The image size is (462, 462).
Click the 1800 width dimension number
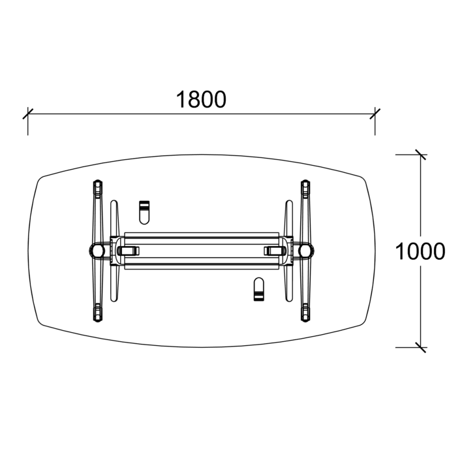201,99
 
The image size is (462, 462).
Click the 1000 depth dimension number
420,251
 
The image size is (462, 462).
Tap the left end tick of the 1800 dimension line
27,115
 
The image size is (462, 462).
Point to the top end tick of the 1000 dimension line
420,155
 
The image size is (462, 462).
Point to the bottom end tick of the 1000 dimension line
420,346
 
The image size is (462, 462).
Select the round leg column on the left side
97,250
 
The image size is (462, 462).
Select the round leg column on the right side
304,250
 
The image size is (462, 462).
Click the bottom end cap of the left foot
97,313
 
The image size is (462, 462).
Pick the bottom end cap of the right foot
304,313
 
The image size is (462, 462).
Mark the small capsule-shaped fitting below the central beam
259,290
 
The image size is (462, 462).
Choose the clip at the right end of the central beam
273,250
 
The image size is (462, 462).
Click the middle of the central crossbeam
201,250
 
